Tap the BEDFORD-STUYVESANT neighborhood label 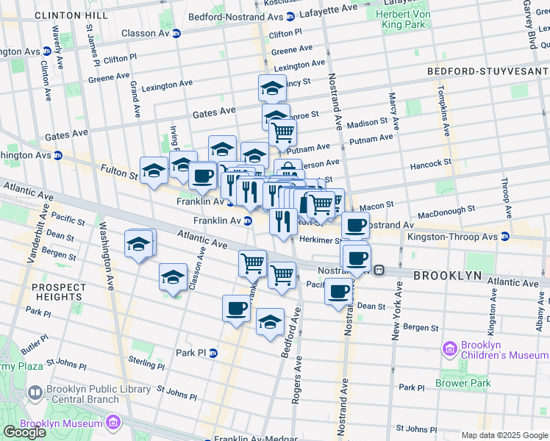click(488, 71)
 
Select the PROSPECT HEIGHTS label click(52, 291)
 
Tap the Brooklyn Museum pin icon click(112, 423)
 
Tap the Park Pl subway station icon click(213, 353)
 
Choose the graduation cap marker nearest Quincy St click(272, 88)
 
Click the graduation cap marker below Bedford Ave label click(270, 322)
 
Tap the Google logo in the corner click(24, 432)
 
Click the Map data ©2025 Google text click(504, 435)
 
